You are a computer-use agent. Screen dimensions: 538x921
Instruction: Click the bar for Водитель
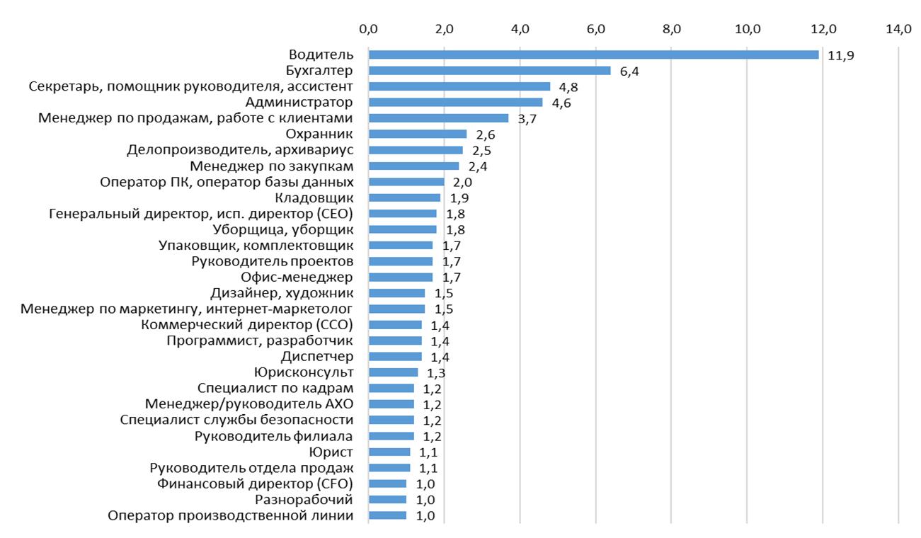coord(593,55)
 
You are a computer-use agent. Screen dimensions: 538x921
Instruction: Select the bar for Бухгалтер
coord(489,71)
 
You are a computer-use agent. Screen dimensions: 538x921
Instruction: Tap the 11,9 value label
coord(840,55)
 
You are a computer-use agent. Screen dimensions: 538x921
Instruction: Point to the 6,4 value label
coord(630,71)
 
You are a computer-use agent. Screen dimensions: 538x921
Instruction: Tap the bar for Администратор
coord(455,103)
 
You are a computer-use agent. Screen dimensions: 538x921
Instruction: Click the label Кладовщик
coord(314,198)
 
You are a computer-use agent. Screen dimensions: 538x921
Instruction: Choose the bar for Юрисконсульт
coord(393,372)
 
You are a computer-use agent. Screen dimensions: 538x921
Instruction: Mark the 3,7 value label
coord(527,119)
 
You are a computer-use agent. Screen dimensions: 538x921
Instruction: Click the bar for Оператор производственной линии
coord(387,515)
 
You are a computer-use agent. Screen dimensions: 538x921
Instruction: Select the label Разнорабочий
coord(304,500)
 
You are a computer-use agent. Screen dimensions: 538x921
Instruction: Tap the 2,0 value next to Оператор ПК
coord(463,183)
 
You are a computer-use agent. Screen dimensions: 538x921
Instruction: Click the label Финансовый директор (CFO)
coord(255,483)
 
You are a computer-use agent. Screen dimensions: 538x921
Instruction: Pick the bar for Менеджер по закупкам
coord(413,166)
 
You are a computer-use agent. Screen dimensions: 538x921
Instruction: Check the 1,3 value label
coord(436,373)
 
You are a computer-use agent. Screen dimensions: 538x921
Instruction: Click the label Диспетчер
coord(316,356)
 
